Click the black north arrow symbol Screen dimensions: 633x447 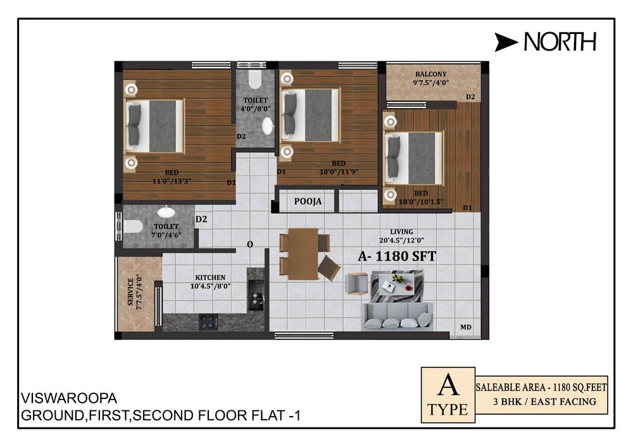(506, 42)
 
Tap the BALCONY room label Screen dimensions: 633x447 (430, 74)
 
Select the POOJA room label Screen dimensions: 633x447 (308, 201)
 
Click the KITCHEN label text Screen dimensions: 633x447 (210, 278)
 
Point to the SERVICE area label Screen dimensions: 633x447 (130, 292)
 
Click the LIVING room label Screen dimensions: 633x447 (401, 232)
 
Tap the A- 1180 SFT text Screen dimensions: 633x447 (397, 256)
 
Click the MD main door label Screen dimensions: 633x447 (465, 328)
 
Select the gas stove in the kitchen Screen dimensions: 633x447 (208, 322)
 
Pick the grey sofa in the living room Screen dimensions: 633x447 (398, 316)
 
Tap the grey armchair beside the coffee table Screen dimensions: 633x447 (357, 284)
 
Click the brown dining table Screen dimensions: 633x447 (303, 254)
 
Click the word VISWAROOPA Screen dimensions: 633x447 (68, 398)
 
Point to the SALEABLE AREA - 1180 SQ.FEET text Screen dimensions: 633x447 (541, 388)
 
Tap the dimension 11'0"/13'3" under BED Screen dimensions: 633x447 (172, 181)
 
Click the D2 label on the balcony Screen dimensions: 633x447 (470, 97)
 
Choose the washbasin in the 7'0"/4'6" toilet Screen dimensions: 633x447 (166, 212)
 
